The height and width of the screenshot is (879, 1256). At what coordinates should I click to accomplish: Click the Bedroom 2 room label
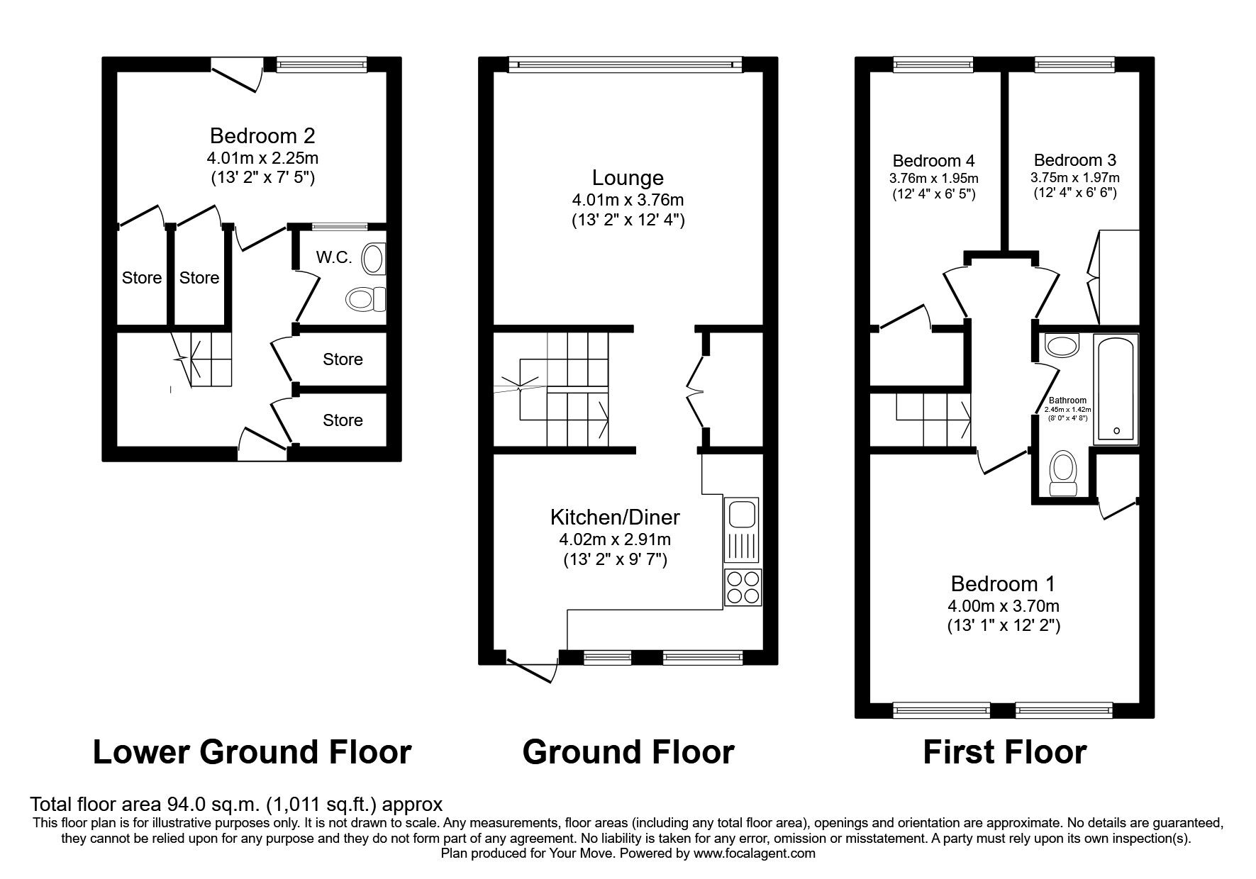click(x=262, y=135)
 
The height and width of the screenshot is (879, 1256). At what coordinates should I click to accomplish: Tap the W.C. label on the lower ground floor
click(x=334, y=257)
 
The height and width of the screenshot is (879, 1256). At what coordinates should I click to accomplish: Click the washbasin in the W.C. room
click(x=374, y=259)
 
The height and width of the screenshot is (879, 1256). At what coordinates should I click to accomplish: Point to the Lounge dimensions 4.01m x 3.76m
click(x=628, y=200)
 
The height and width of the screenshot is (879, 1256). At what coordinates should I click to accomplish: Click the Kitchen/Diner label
click(x=615, y=517)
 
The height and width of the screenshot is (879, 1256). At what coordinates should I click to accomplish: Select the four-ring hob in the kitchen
click(x=743, y=588)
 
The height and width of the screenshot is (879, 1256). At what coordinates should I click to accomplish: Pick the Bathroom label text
click(x=1067, y=401)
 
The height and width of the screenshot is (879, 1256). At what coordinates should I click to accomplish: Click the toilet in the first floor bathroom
click(x=1062, y=474)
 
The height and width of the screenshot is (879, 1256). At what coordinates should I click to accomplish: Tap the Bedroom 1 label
click(x=1003, y=584)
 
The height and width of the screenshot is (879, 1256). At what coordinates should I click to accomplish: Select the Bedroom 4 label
click(x=934, y=160)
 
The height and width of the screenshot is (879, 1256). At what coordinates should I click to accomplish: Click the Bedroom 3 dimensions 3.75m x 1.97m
click(x=1074, y=178)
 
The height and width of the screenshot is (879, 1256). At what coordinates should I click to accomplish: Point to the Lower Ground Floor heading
click(x=252, y=752)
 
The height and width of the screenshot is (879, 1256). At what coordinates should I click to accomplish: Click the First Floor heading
click(x=1004, y=752)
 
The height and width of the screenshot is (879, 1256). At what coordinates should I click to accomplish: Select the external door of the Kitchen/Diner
click(x=532, y=668)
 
